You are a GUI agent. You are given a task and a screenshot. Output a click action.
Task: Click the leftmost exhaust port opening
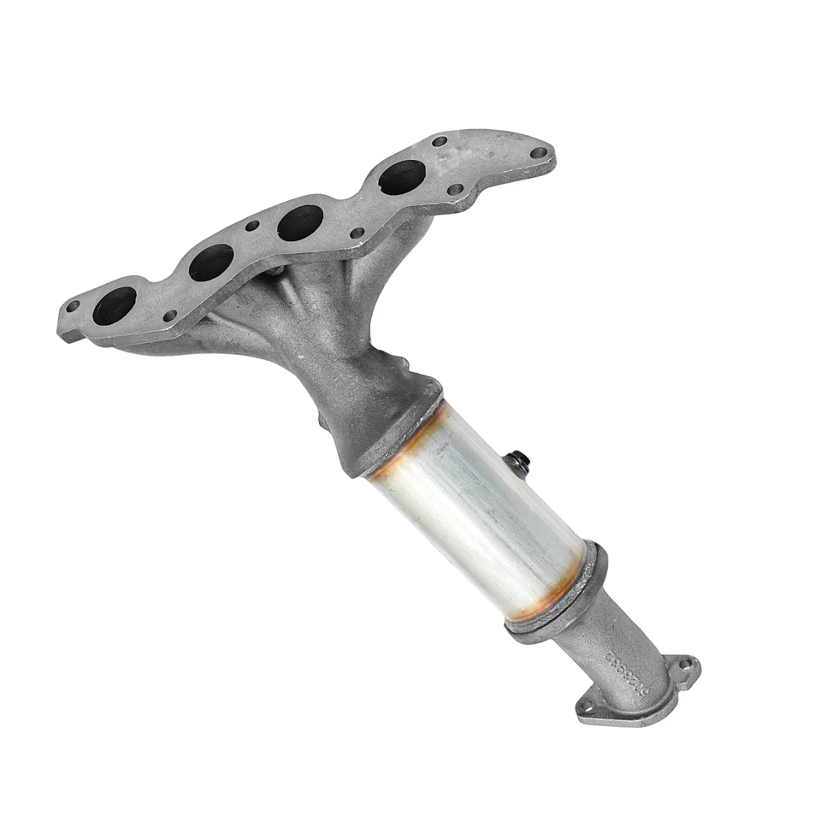(x=114, y=305)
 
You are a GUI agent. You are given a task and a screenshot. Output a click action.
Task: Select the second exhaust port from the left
(x=210, y=263)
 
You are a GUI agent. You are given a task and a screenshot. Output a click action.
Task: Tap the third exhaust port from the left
(x=300, y=222)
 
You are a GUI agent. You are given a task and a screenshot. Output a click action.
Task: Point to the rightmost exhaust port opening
(x=402, y=177)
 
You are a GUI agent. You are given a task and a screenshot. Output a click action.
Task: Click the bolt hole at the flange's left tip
(x=73, y=306)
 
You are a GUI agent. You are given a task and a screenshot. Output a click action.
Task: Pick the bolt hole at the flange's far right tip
(x=538, y=154)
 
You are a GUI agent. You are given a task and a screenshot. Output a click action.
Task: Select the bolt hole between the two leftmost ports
(x=169, y=316)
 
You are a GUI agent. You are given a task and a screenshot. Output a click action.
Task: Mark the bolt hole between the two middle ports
(x=252, y=226)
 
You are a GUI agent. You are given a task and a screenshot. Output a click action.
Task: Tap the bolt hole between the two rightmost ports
(x=357, y=233)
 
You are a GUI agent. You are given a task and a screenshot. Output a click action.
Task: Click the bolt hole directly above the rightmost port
(x=440, y=142)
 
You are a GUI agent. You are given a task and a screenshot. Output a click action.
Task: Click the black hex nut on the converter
(x=519, y=462)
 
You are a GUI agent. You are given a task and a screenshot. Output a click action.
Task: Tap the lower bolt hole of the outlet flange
(x=587, y=706)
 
